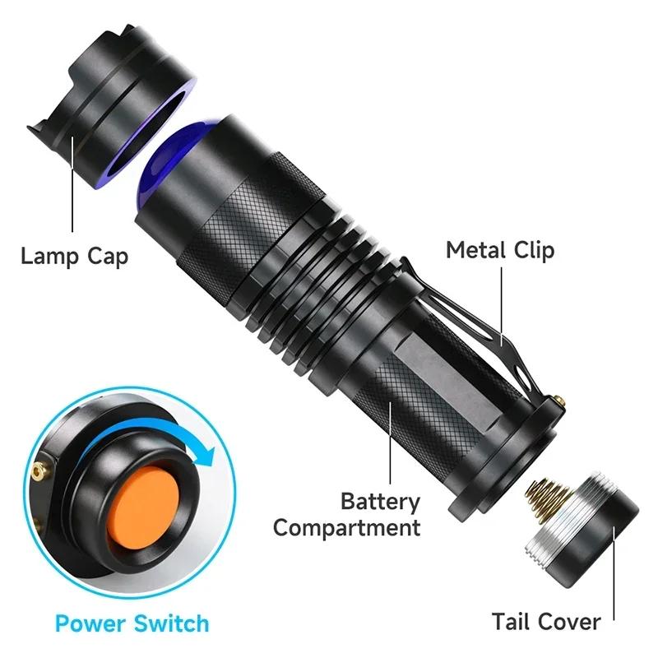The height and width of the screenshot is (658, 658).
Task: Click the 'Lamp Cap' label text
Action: click(x=74, y=256)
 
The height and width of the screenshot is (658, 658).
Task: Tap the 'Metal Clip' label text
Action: click(x=500, y=250)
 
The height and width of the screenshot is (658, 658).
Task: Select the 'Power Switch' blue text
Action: click(x=132, y=623)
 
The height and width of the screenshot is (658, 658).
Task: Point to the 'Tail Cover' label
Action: click(x=546, y=622)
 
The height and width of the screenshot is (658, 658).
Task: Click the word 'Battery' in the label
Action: click(x=379, y=501)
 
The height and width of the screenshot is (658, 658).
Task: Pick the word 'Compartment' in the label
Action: click(x=346, y=527)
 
